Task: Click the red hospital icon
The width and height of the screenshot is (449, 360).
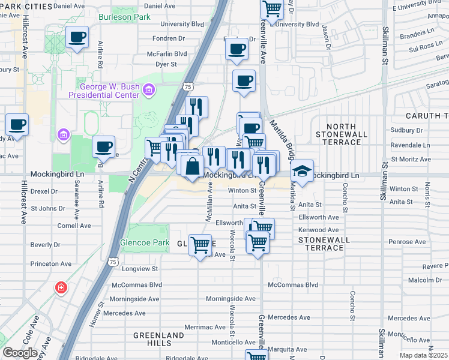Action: (x=61, y=288)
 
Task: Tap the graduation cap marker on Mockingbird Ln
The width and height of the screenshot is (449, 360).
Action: (x=303, y=172)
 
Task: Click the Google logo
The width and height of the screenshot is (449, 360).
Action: (x=20, y=353)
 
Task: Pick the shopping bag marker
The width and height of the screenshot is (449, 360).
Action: (x=192, y=166)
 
